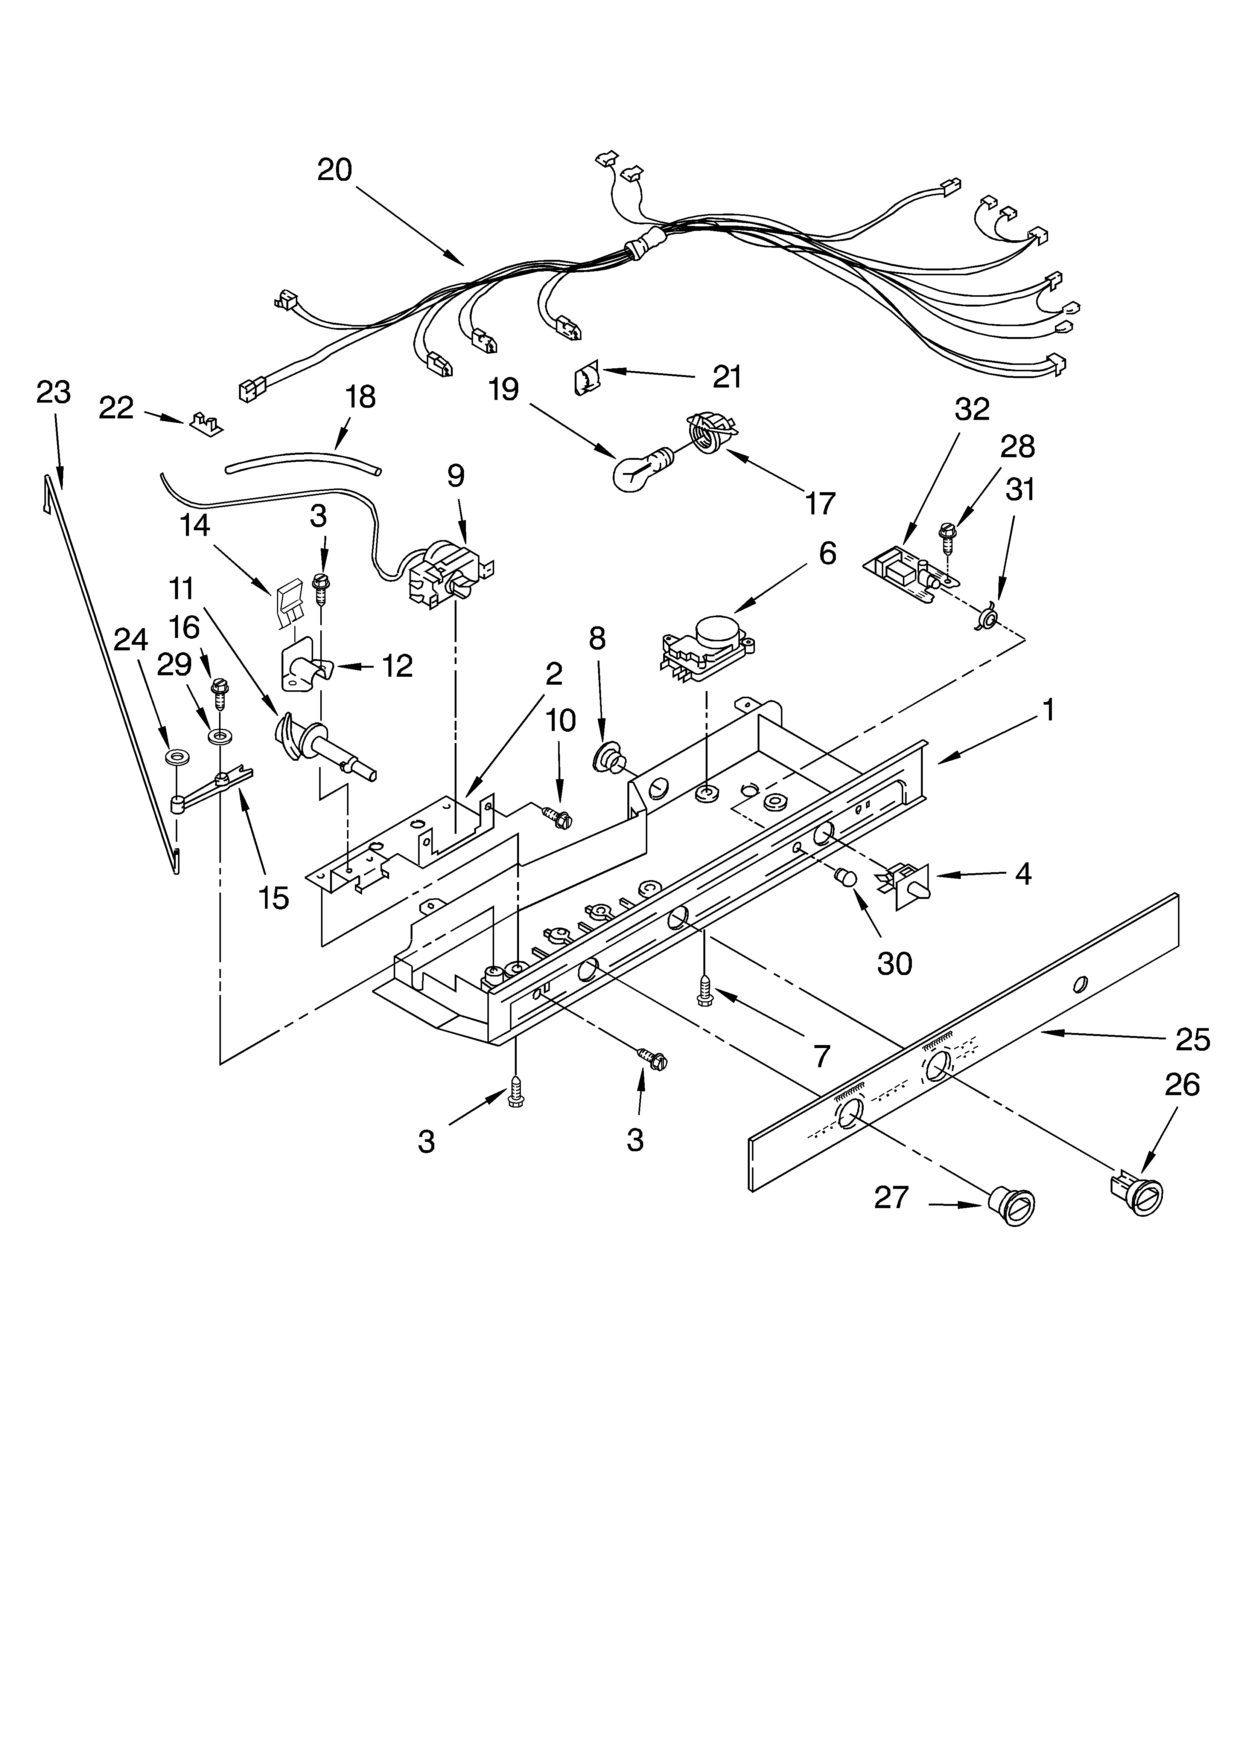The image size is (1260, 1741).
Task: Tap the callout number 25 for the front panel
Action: pyautogui.click(x=1192, y=1039)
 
